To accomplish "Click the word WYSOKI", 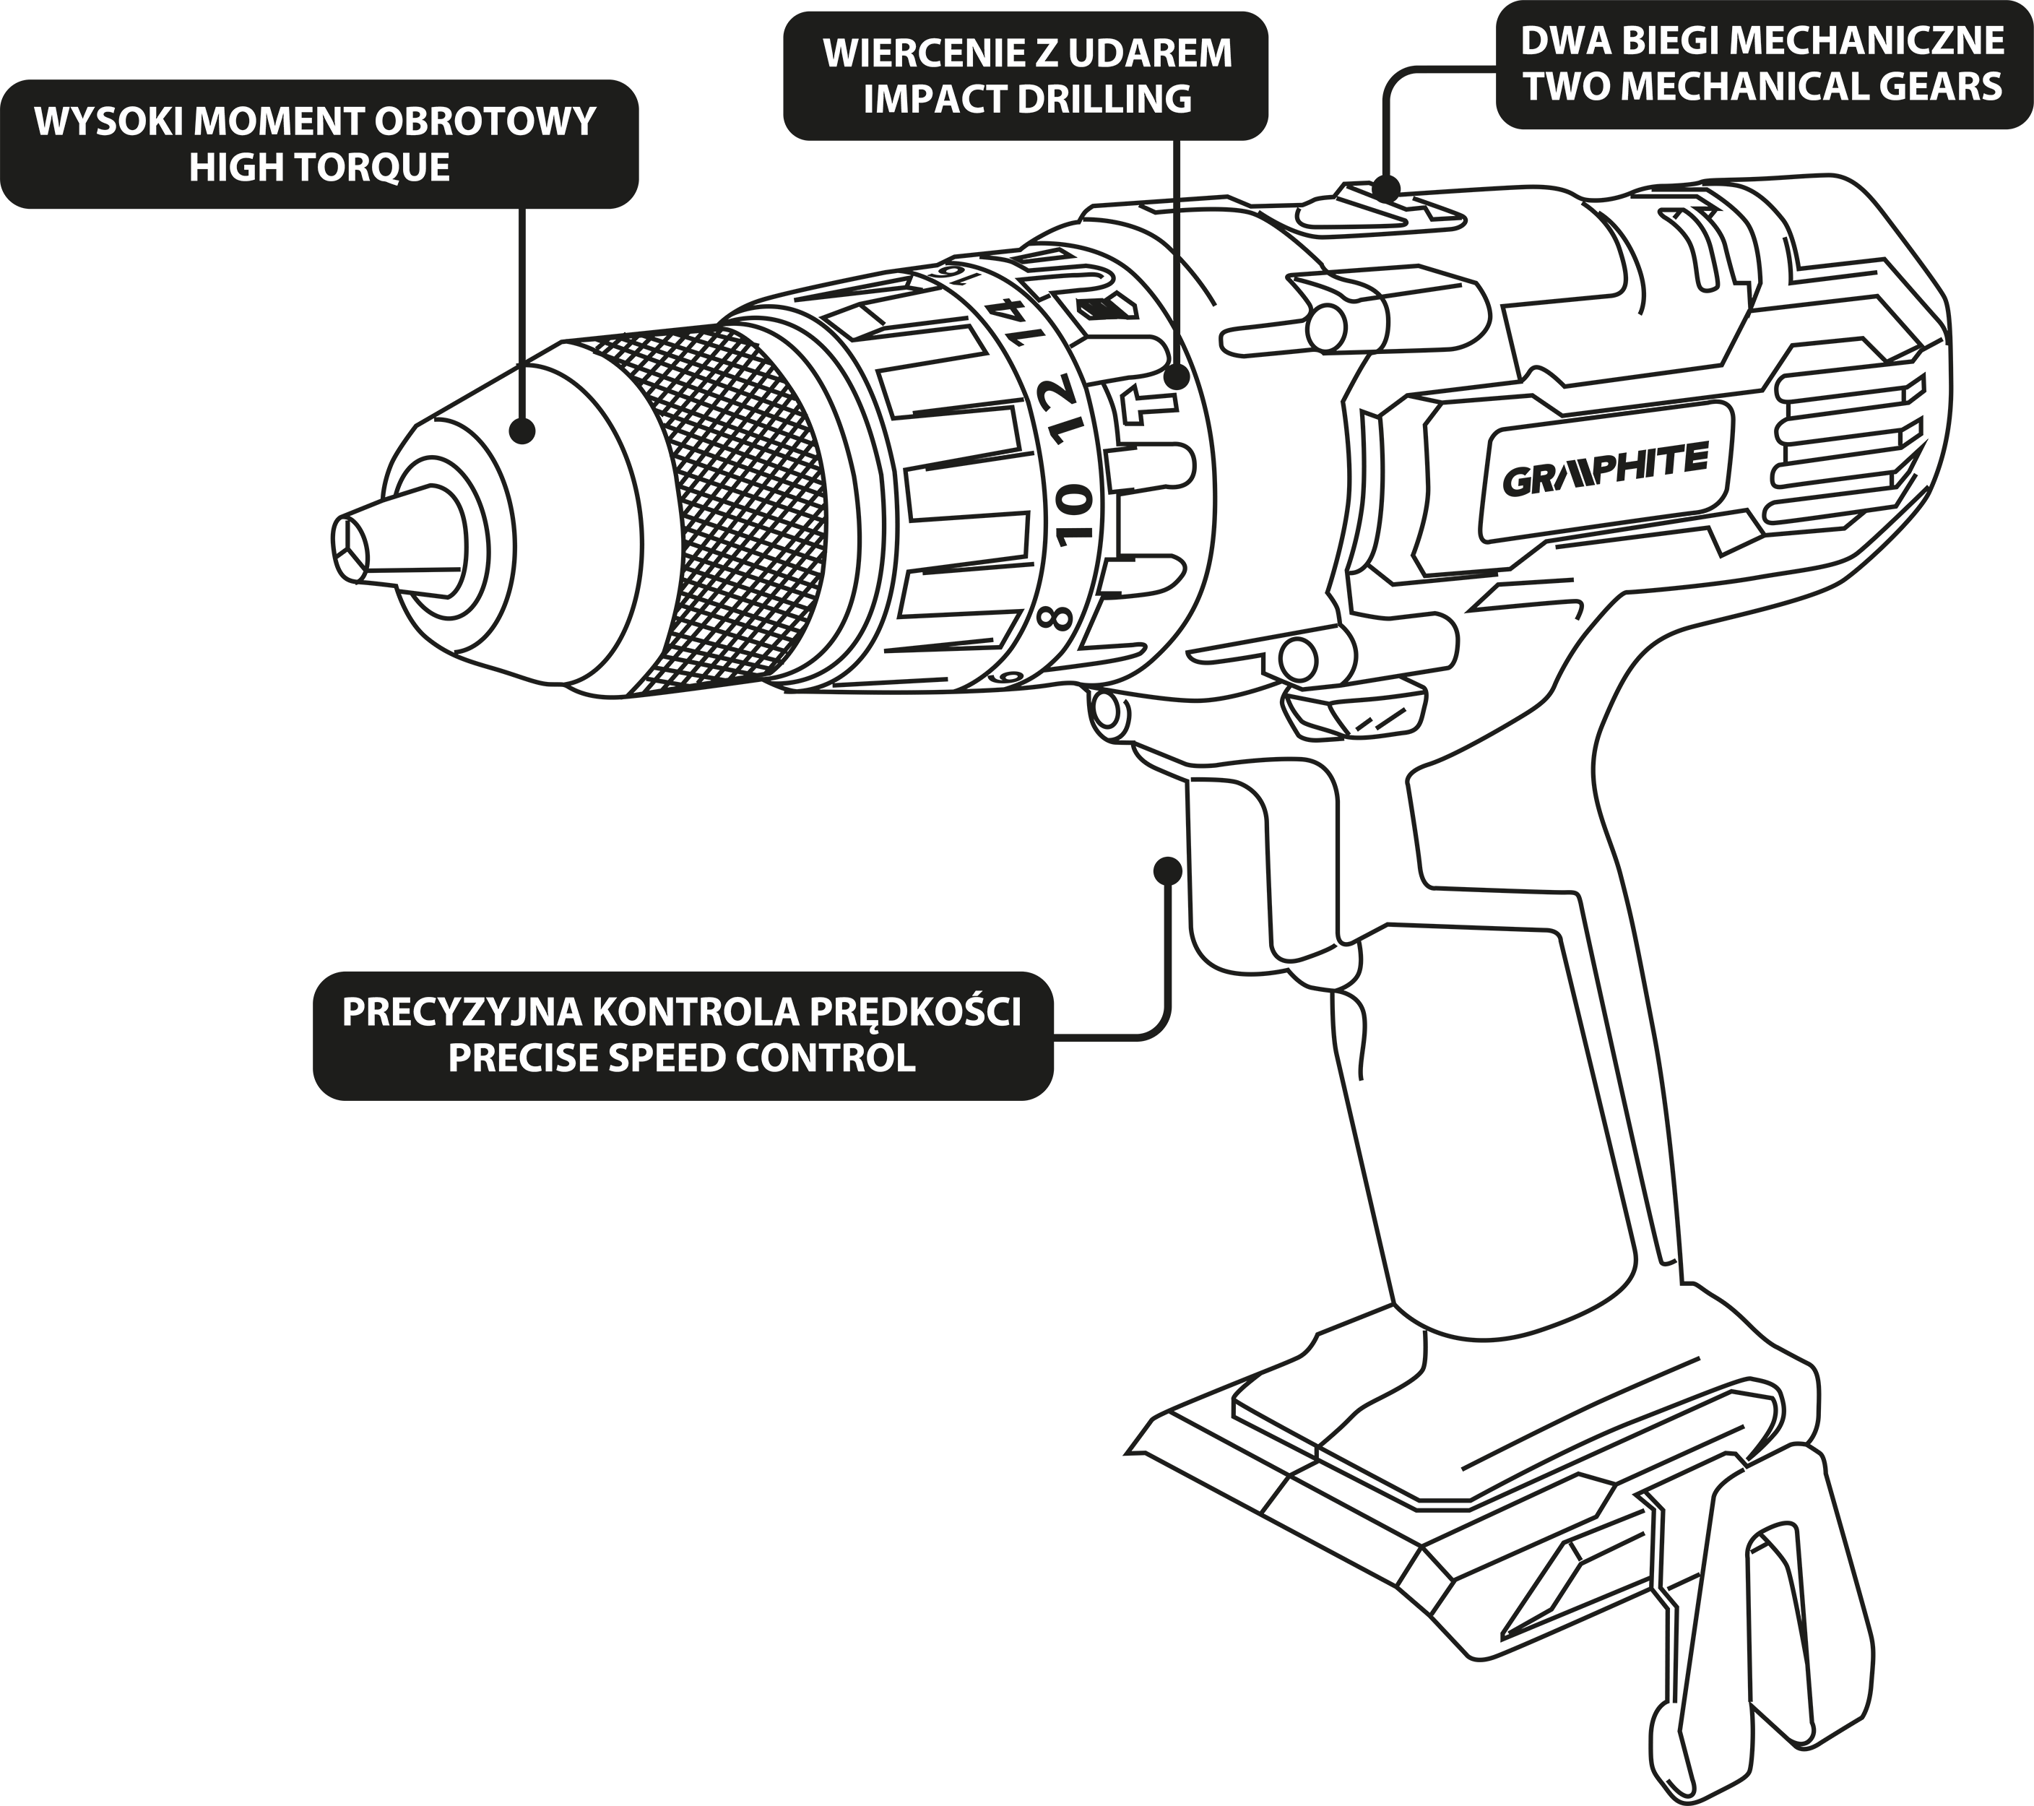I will pyautogui.click(x=108, y=122).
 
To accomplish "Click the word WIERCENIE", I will pyautogui.click(x=923, y=53).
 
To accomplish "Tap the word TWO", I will pyautogui.click(x=1565, y=87).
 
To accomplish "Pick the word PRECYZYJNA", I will pyautogui.click(x=462, y=1013).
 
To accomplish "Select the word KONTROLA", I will pyautogui.click(x=696, y=1013).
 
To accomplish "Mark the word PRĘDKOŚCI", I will pyautogui.click(x=914, y=1013).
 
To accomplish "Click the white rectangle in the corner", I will pyautogui.click(x=369, y=1642).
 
